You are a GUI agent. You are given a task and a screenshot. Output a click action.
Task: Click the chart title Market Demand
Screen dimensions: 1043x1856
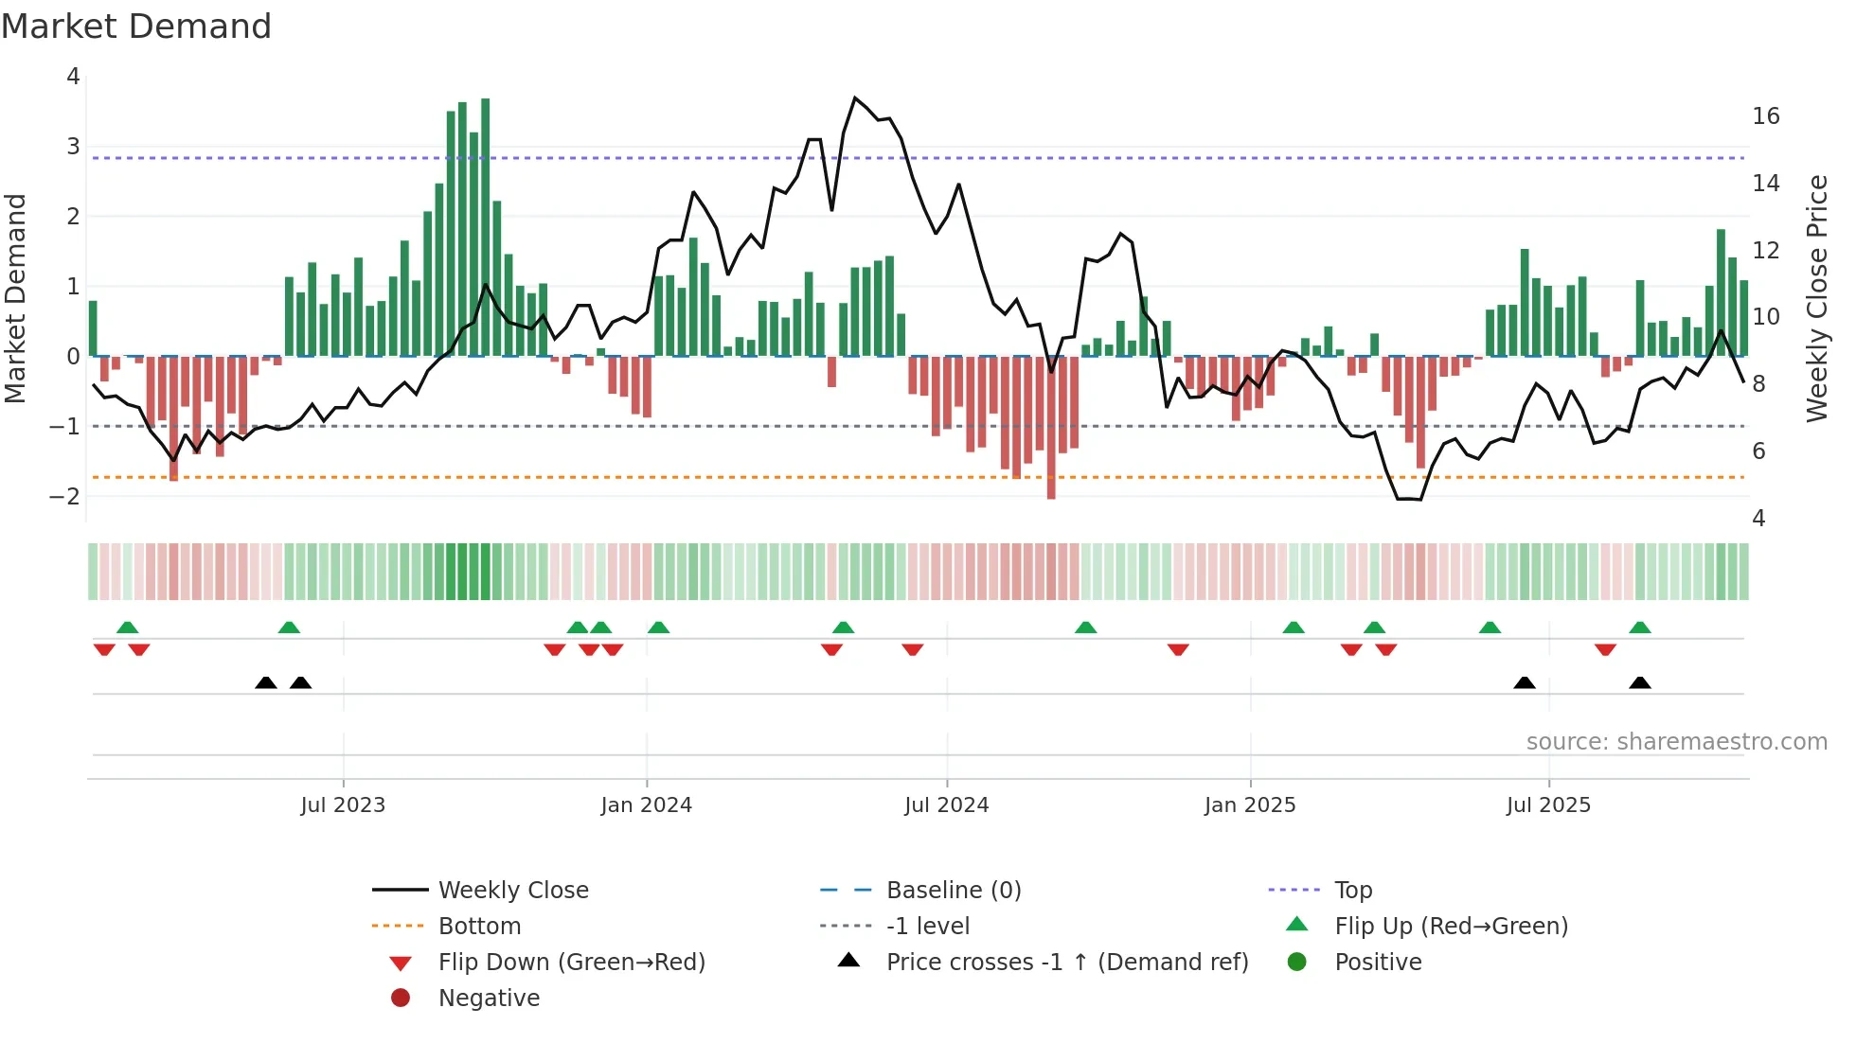point(136,27)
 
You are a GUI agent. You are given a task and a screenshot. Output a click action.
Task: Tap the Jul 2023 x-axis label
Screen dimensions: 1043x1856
point(343,805)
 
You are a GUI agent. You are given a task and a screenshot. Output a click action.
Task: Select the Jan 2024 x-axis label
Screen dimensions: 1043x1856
point(646,805)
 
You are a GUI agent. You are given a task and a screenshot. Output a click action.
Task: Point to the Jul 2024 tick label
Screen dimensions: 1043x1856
point(946,805)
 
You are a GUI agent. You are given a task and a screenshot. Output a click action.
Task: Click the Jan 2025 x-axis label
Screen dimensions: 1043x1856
point(1250,805)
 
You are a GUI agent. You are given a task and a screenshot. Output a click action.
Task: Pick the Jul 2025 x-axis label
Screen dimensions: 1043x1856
point(1548,805)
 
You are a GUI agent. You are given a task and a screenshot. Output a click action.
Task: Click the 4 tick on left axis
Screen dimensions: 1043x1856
point(73,77)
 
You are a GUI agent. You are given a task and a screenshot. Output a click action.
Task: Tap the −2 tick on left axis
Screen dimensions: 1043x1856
point(64,497)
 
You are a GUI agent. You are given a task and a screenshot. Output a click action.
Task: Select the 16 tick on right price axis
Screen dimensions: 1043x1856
point(1765,116)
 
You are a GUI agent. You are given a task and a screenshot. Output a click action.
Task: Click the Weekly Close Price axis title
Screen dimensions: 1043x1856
point(1816,298)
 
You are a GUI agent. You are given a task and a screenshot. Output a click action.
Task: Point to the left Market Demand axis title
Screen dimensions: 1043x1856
point(15,298)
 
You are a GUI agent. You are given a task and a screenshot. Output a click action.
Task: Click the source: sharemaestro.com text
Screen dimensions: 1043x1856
point(1676,742)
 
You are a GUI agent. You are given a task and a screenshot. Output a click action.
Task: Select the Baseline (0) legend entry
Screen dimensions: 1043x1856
point(954,891)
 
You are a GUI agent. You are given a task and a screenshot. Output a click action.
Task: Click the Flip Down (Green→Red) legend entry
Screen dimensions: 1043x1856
point(571,963)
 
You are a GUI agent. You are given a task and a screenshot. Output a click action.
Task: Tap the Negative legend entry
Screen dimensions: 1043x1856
point(489,999)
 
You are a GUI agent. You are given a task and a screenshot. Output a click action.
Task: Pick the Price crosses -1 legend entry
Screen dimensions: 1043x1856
point(1067,963)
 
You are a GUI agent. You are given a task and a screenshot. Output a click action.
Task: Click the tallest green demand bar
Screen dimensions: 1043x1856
point(486,227)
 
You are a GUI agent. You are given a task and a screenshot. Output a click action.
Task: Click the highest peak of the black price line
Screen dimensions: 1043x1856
point(855,98)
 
